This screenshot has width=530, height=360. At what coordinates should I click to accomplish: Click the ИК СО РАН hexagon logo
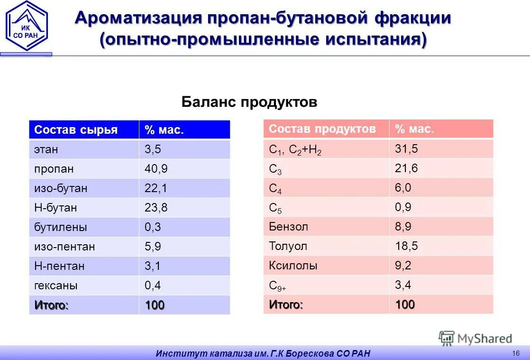pos(27,26)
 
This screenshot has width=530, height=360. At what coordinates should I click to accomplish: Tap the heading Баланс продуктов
pos(249,102)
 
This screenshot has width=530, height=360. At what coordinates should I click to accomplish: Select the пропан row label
pos(54,169)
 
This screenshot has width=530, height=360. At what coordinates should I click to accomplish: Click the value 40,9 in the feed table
pos(156,169)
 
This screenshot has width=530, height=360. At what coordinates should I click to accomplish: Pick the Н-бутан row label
pos(55,208)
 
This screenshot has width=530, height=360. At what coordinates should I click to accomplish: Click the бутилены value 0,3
pos(153,227)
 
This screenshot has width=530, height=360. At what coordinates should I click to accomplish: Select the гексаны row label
pos(55,286)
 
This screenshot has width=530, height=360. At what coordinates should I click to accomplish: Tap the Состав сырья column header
pos(76,130)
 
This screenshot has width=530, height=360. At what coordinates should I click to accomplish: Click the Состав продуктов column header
pos(322,129)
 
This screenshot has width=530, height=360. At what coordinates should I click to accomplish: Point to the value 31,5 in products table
pos(406,149)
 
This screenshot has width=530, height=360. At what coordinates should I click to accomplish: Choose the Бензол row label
pos(288,227)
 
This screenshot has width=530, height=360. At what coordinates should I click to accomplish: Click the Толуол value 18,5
pos(406,246)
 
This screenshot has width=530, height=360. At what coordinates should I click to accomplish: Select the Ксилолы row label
pos(293,266)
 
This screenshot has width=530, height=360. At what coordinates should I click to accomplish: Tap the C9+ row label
pos(277,286)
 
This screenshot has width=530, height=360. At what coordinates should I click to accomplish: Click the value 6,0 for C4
pos(403,188)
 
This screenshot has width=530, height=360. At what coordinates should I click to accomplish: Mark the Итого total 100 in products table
pos(405,305)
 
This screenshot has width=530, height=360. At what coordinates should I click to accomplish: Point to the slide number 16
pos(516,352)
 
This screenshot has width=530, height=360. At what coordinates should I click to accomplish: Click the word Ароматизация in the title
pos(138,18)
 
